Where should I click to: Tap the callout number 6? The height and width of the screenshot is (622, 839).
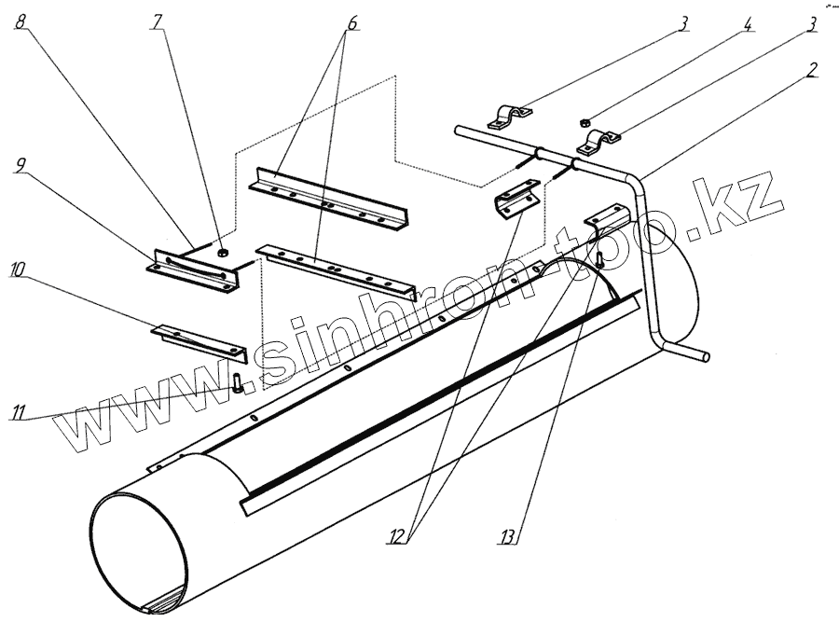click(x=350, y=23)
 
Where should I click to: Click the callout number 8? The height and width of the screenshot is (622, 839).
click(x=20, y=22)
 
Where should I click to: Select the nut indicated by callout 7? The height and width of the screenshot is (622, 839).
click(x=223, y=252)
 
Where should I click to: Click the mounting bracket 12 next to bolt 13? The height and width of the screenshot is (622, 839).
click(x=606, y=216)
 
